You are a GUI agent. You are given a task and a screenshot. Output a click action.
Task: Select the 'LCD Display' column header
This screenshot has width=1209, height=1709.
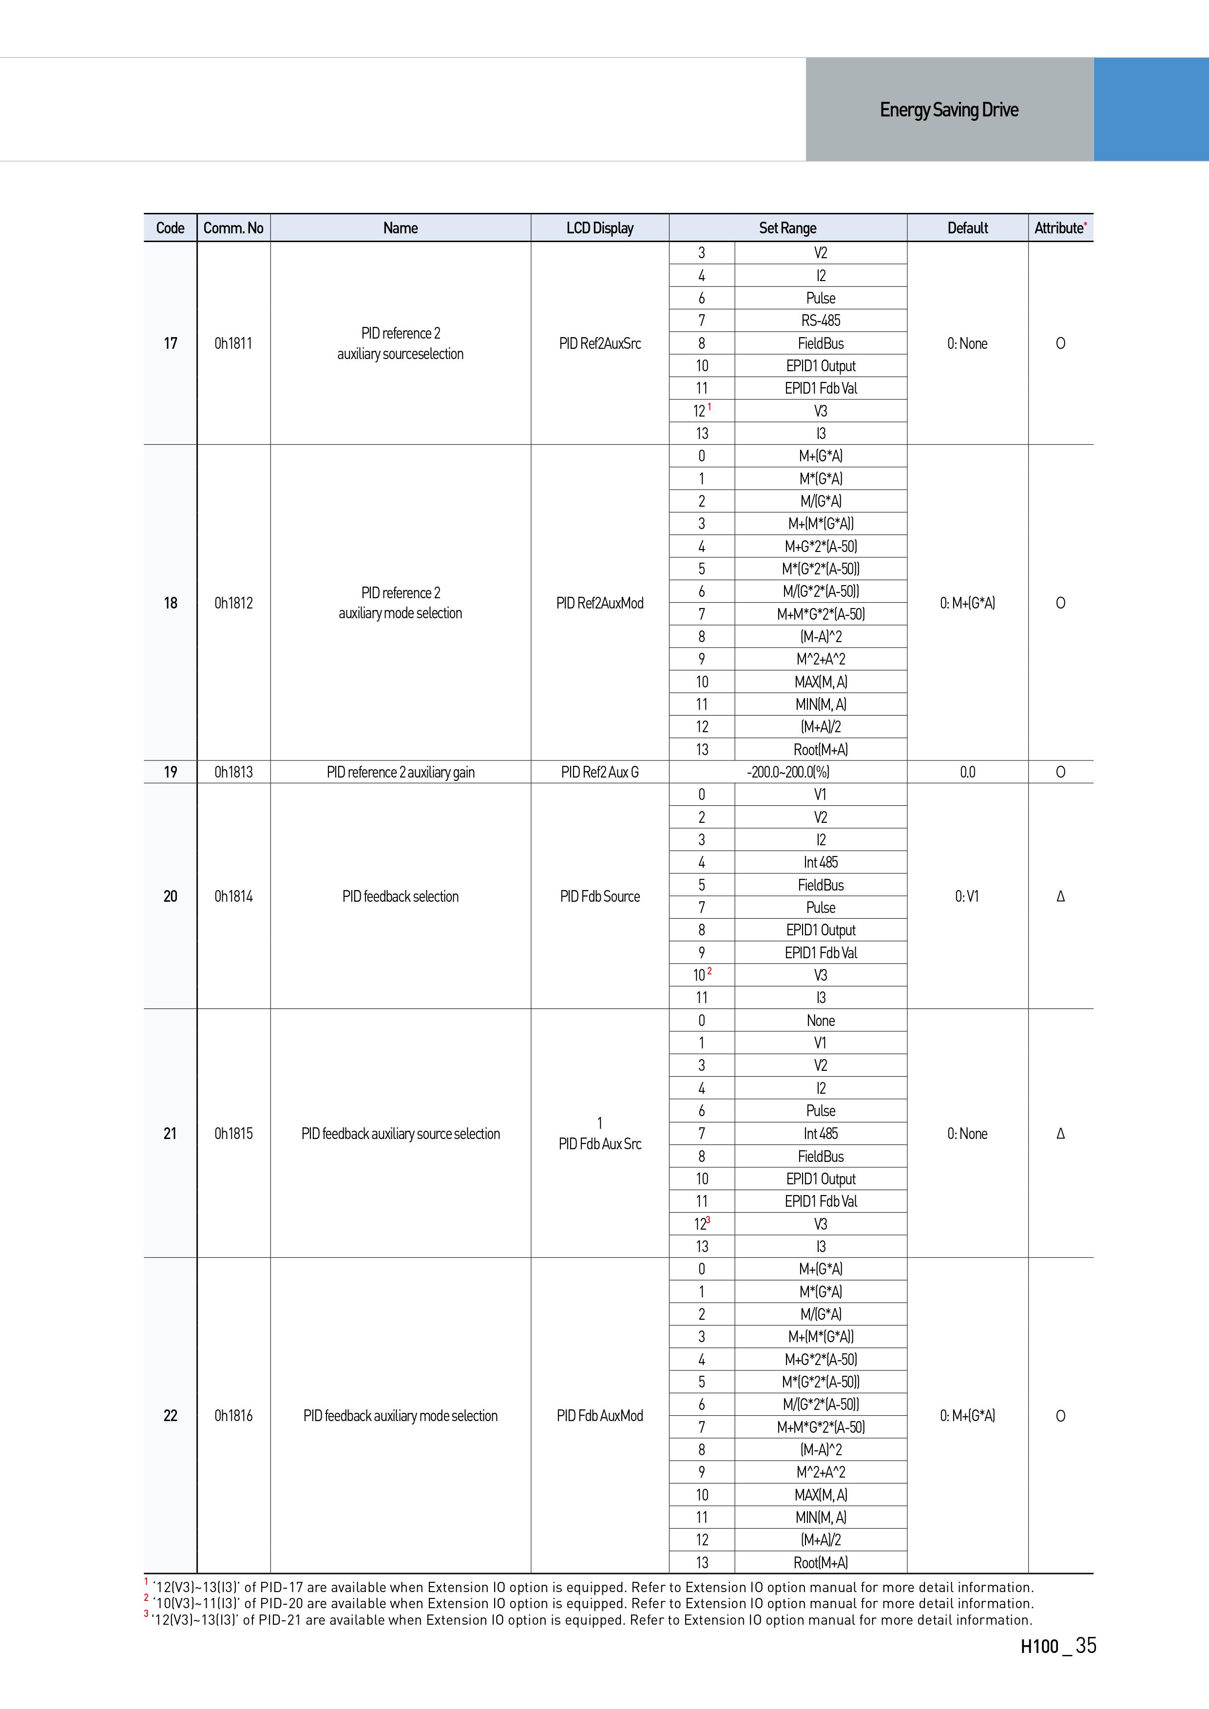(599, 228)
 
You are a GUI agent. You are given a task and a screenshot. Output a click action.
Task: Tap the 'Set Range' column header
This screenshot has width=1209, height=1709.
(787, 228)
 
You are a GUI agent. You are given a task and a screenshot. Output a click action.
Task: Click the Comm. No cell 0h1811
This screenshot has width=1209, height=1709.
(233, 343)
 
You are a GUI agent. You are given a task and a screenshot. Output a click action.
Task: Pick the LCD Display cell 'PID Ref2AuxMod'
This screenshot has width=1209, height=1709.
(599, 603)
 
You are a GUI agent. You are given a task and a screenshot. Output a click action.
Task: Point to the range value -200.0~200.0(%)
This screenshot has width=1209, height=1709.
(787, 772)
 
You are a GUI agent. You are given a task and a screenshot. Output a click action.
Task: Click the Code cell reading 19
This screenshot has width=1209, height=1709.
(171, 772)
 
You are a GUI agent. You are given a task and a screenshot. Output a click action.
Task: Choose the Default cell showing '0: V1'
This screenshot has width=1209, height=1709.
(966, 896)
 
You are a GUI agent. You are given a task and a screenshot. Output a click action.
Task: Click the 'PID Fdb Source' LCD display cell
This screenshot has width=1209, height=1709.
(599, 896)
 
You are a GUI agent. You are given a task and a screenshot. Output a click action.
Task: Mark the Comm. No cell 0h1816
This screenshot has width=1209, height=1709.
(233, 1415)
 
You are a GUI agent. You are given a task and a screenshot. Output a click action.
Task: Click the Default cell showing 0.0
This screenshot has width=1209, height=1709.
(966, 772)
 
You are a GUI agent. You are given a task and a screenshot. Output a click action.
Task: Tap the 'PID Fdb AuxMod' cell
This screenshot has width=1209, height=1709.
(599, 1415)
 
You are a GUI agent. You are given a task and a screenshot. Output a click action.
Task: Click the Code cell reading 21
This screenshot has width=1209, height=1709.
(171, 1133)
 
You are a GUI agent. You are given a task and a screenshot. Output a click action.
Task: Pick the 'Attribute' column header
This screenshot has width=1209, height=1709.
(1059, 228)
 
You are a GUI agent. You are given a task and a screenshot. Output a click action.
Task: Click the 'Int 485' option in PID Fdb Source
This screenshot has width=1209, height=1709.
(821, 862)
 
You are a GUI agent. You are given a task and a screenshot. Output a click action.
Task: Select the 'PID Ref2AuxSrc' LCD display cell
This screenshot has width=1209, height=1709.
(599, 343)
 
